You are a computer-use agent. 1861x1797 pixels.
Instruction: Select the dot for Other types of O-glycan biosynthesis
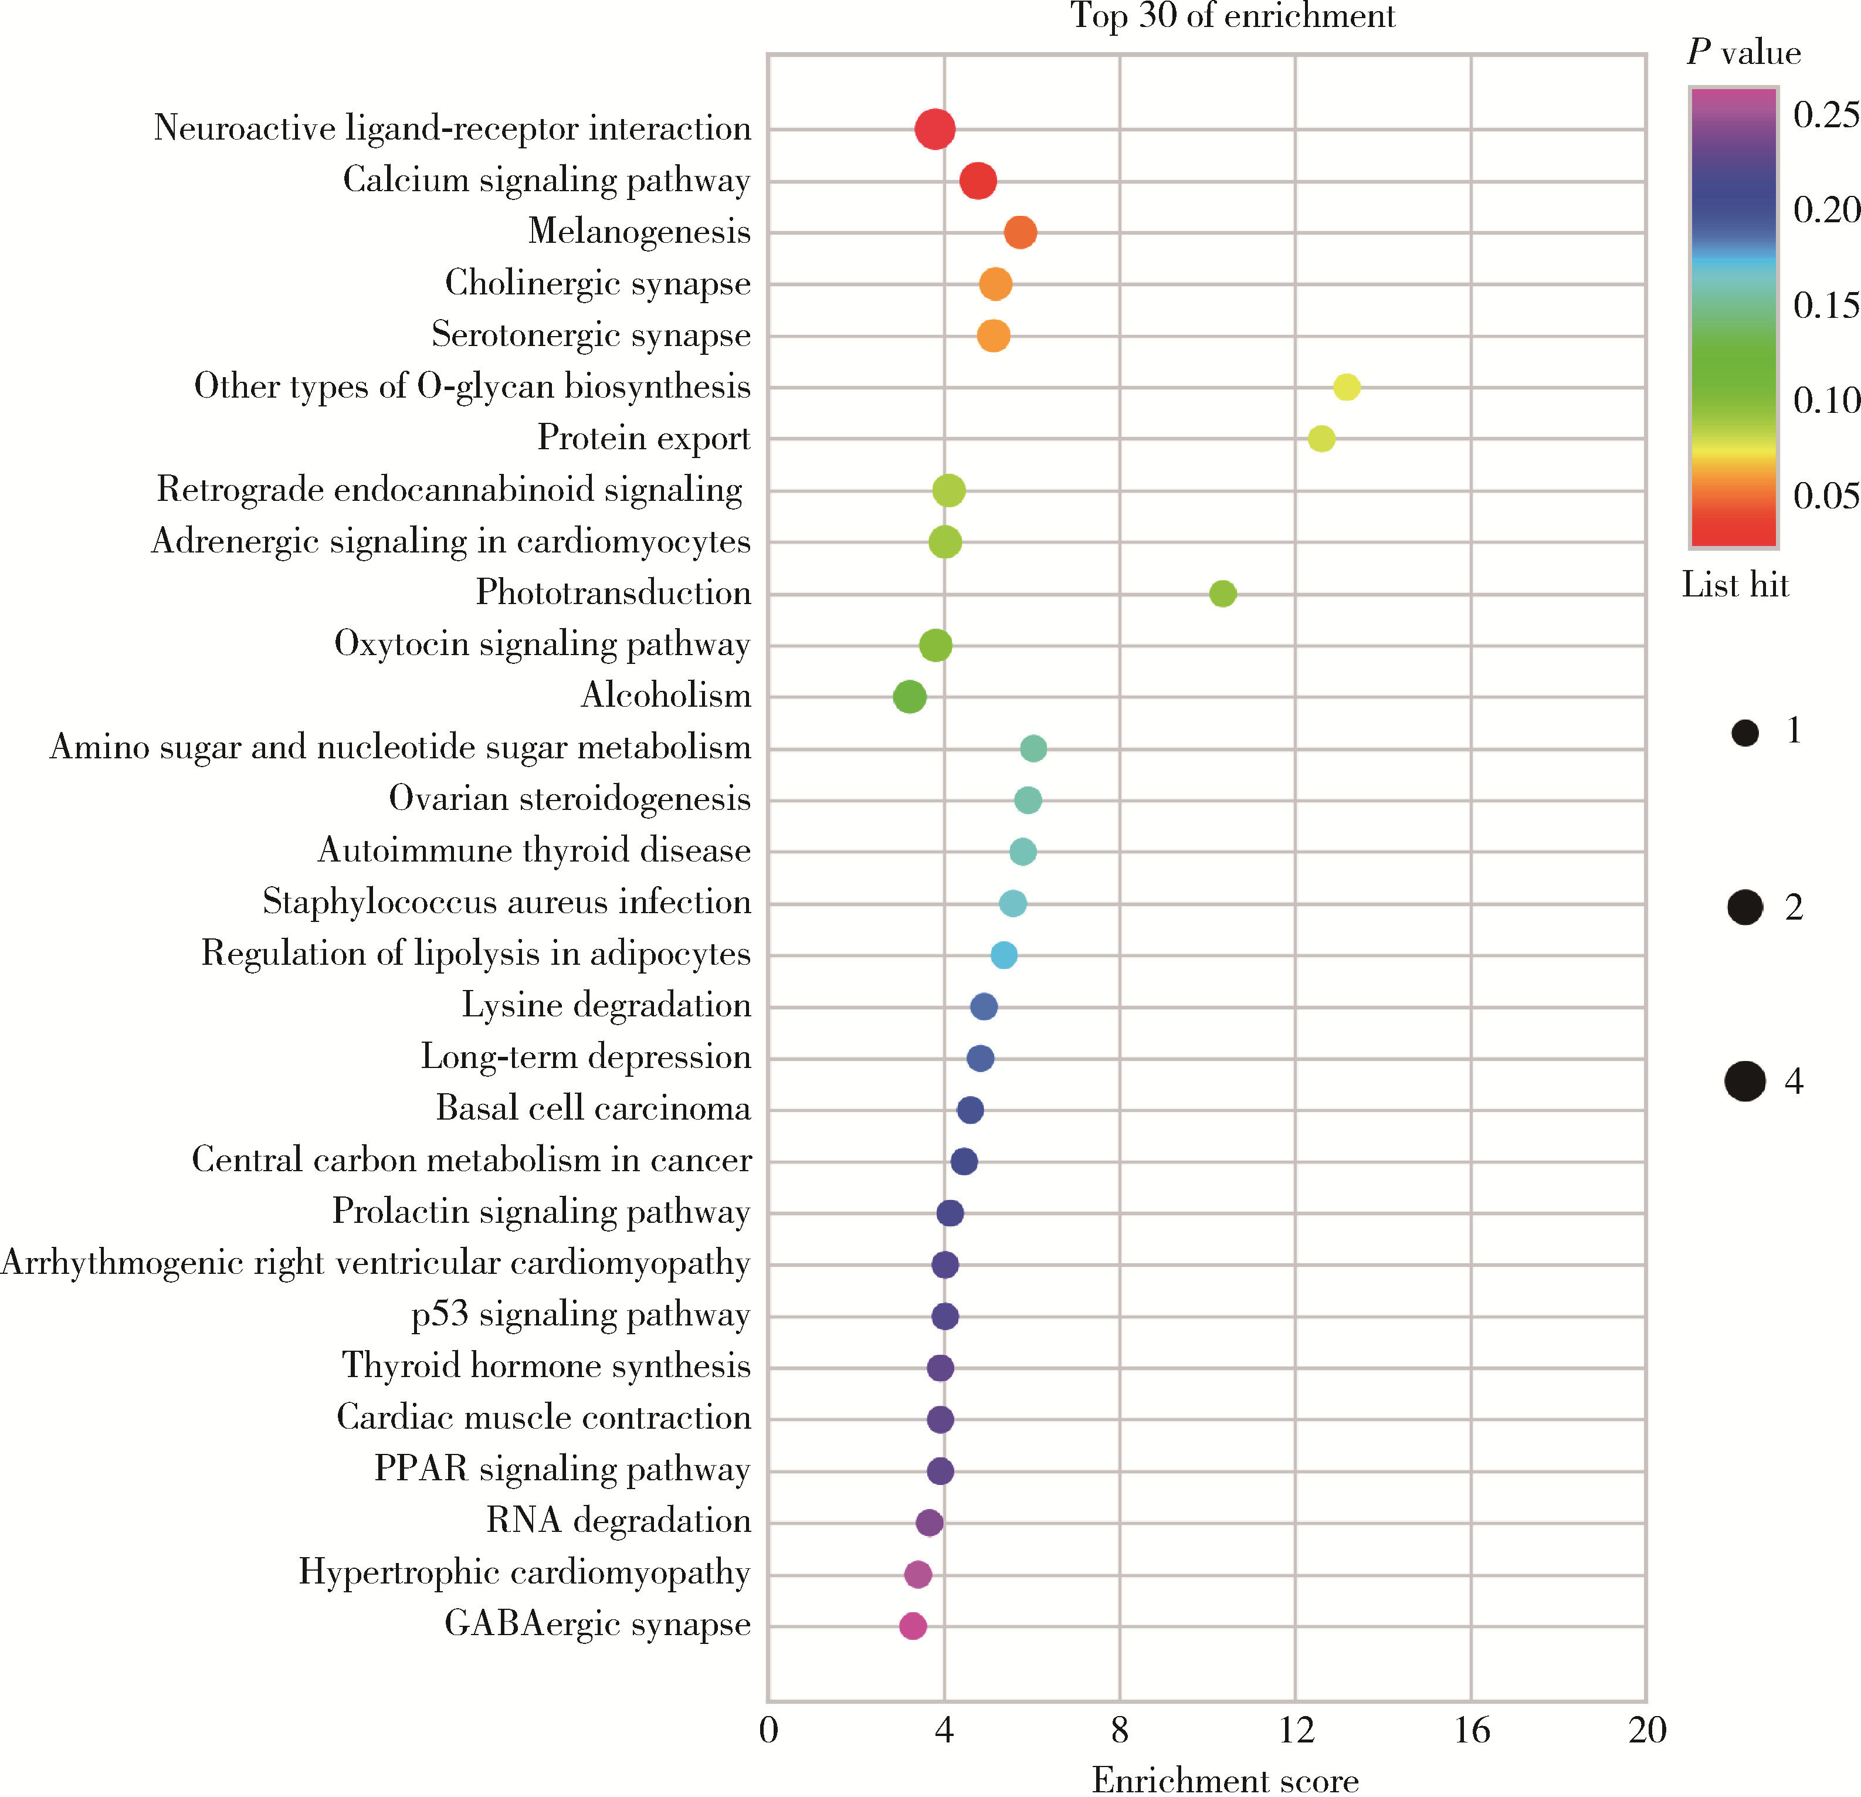(x=1347, y=387)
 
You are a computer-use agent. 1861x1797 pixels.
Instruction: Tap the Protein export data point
(x=1321, y=439)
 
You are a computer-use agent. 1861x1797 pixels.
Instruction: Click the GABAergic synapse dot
(x=913, y=1626)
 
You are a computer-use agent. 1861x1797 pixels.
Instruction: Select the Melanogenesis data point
(x=1020, y=233)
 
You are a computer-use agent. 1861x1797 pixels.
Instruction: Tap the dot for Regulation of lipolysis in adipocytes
(x=1004, y=955)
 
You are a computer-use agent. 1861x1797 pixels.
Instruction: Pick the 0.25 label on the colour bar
(x=1825, y=115)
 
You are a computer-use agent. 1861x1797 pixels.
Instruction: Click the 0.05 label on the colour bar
(x=1825, y=496)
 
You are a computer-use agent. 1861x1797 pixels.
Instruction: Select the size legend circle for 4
(x=1744, y=1081)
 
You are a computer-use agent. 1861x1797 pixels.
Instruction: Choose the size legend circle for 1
(x=1744, y=733)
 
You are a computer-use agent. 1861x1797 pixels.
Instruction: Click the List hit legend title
(x=1735, y=585)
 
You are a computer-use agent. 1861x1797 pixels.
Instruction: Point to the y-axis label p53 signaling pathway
(x=580, y=1315)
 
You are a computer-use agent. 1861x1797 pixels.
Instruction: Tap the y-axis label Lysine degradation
(x=606, y=1005)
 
